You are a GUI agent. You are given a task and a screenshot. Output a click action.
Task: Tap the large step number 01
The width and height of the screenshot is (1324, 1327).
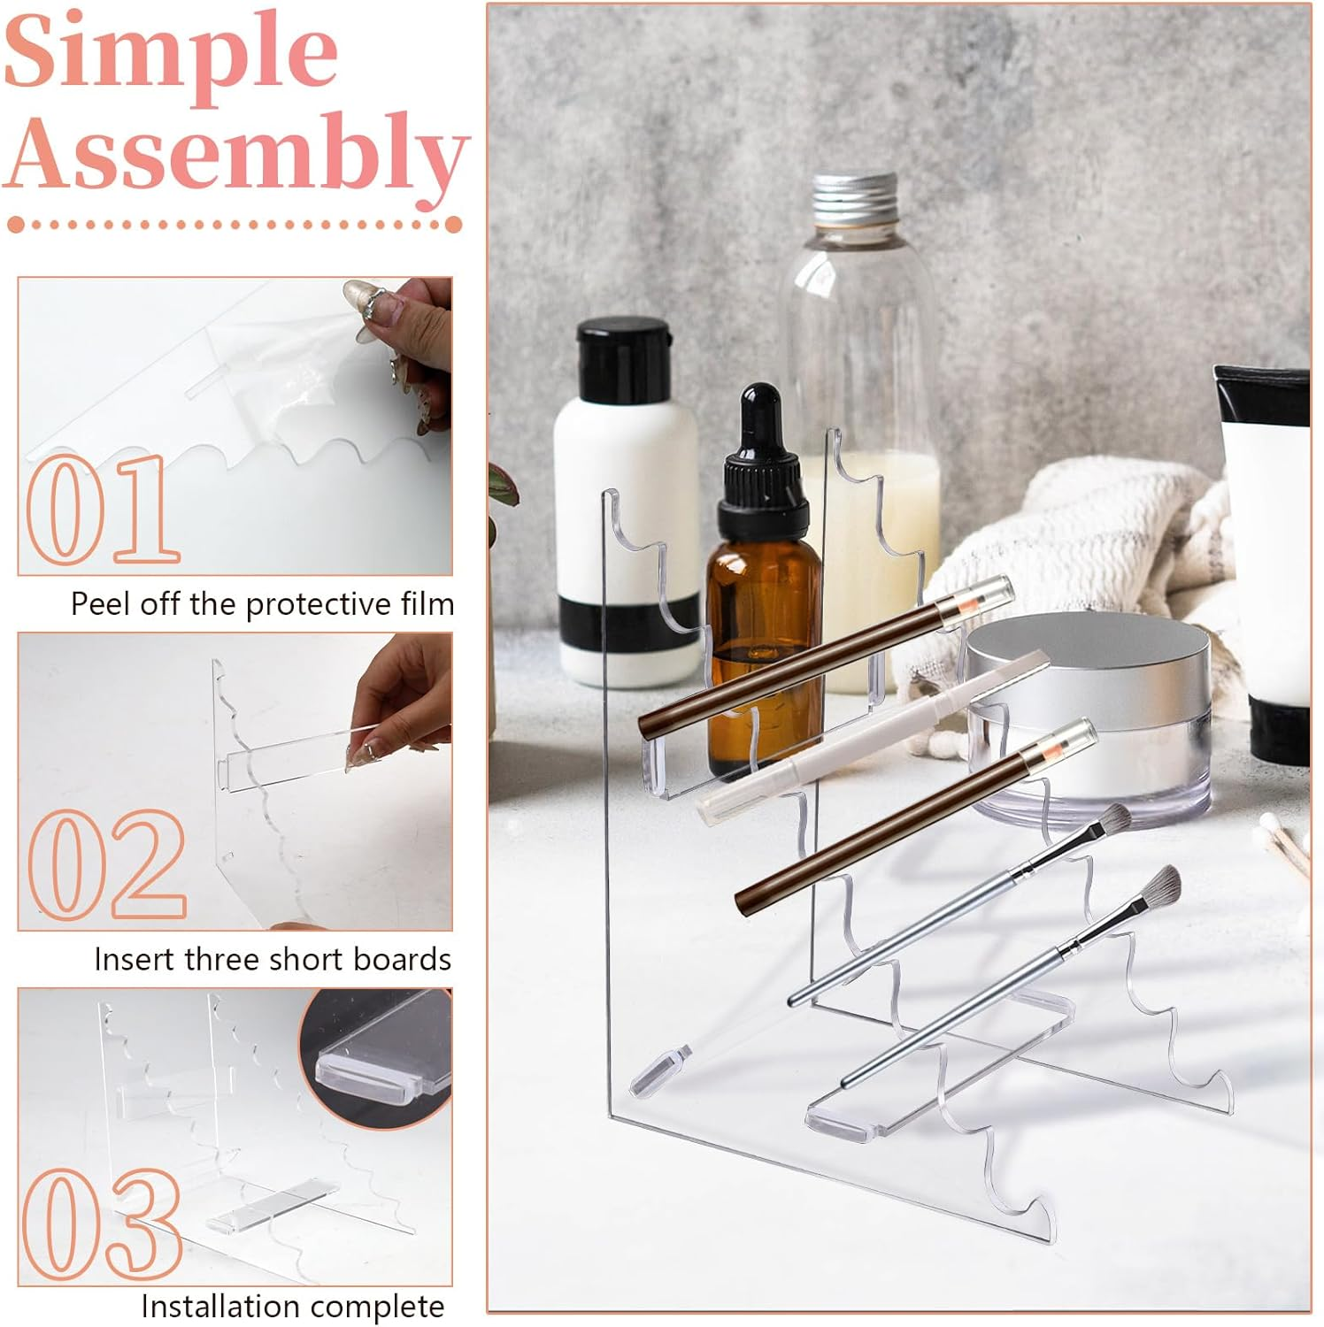tap(102, 510)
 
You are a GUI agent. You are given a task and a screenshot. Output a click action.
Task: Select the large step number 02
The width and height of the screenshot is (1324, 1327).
tap(106, 865)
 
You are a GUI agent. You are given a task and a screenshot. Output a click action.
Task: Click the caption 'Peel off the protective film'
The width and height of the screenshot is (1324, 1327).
tap(262, 604)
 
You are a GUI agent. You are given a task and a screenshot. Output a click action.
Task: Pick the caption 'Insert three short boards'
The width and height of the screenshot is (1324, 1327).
tap(273, 960)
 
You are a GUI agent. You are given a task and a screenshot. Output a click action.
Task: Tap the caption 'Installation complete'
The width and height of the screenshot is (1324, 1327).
tap(292, 1306)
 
